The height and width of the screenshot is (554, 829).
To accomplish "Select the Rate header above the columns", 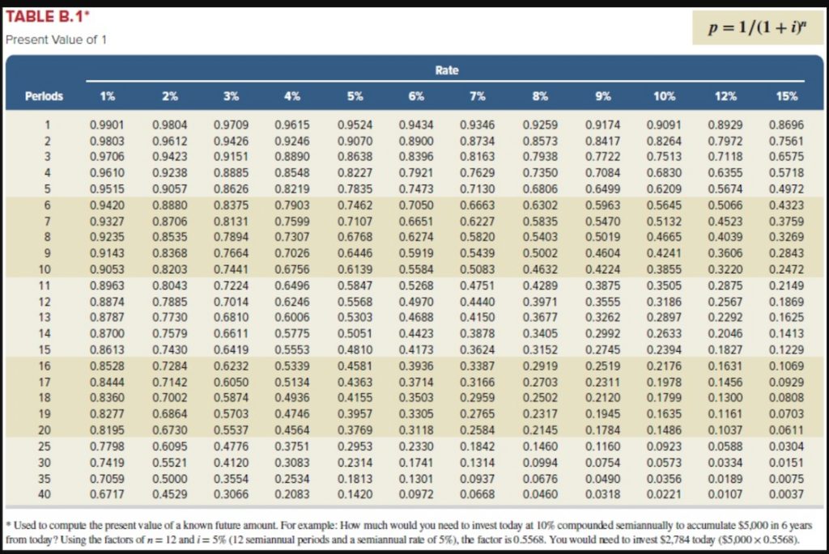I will [x=447, y=70].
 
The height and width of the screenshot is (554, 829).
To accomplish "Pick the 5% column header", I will [x=354, y=96].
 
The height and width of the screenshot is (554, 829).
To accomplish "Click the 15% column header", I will [x=786, y=96].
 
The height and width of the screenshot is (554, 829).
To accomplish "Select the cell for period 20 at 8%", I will [x=540, y=428].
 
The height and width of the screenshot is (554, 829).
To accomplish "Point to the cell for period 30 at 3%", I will [x=231, y=462].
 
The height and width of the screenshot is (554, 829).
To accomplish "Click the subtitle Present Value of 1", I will [x=56, y=40].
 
